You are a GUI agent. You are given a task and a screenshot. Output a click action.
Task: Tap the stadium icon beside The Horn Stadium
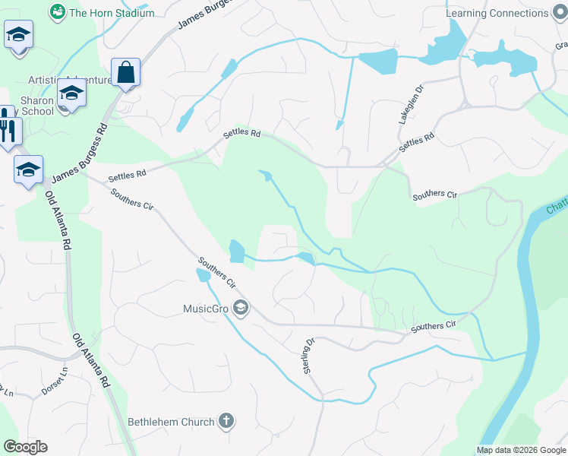57,12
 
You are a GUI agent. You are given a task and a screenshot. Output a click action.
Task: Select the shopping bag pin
125,74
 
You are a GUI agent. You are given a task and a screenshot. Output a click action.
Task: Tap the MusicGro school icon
241,308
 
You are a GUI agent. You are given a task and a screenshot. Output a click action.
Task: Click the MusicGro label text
206,309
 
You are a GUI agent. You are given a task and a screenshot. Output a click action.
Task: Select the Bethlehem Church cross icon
226,420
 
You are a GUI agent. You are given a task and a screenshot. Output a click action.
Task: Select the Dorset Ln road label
55,387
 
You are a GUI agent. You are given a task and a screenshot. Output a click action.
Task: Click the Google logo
25,447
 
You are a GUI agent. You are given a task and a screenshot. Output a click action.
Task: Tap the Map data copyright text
520,450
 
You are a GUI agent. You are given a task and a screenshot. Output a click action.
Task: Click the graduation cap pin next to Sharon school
72,94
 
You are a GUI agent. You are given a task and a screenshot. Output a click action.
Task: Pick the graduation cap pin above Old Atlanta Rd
28,169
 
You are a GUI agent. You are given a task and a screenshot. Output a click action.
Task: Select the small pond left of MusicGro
203,275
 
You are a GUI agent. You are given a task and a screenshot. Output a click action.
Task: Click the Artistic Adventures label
69,80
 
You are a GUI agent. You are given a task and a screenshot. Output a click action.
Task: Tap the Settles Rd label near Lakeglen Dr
416,142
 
